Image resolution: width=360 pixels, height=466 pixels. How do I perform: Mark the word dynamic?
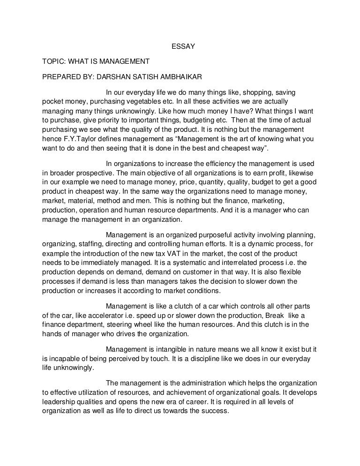click(x=246, y=243)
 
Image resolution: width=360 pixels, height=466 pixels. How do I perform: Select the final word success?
click(x=216, y=411)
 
